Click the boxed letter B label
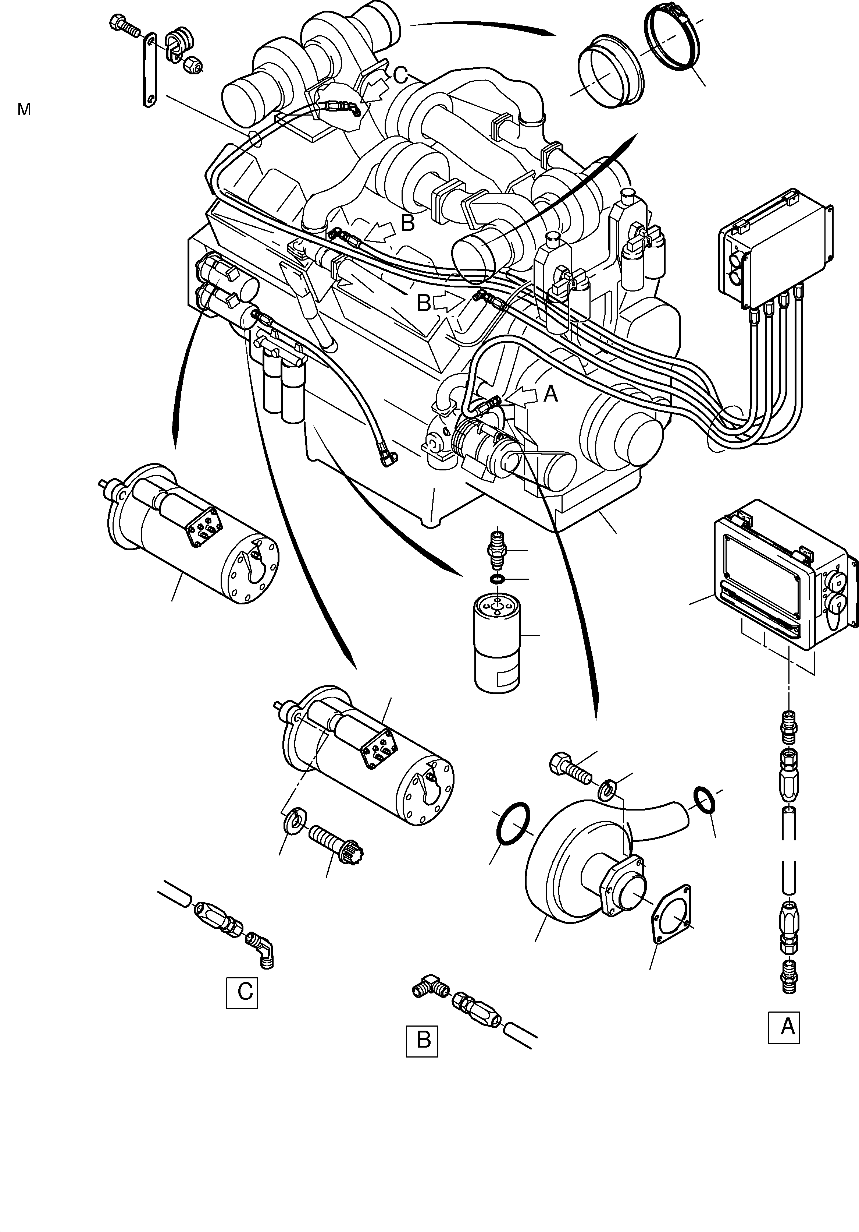click(422, 1041)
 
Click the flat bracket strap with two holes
click(149, 70)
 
